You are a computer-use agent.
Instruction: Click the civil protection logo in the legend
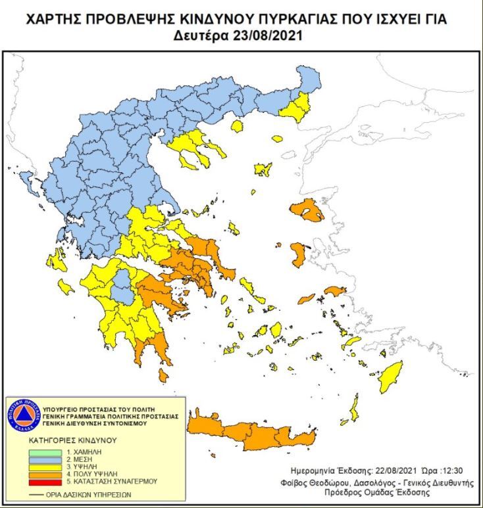pos(24,415)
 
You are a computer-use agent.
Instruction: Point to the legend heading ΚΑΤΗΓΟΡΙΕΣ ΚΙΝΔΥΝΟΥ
pos(72,439)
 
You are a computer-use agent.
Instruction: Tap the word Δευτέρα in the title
pos(200,35)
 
